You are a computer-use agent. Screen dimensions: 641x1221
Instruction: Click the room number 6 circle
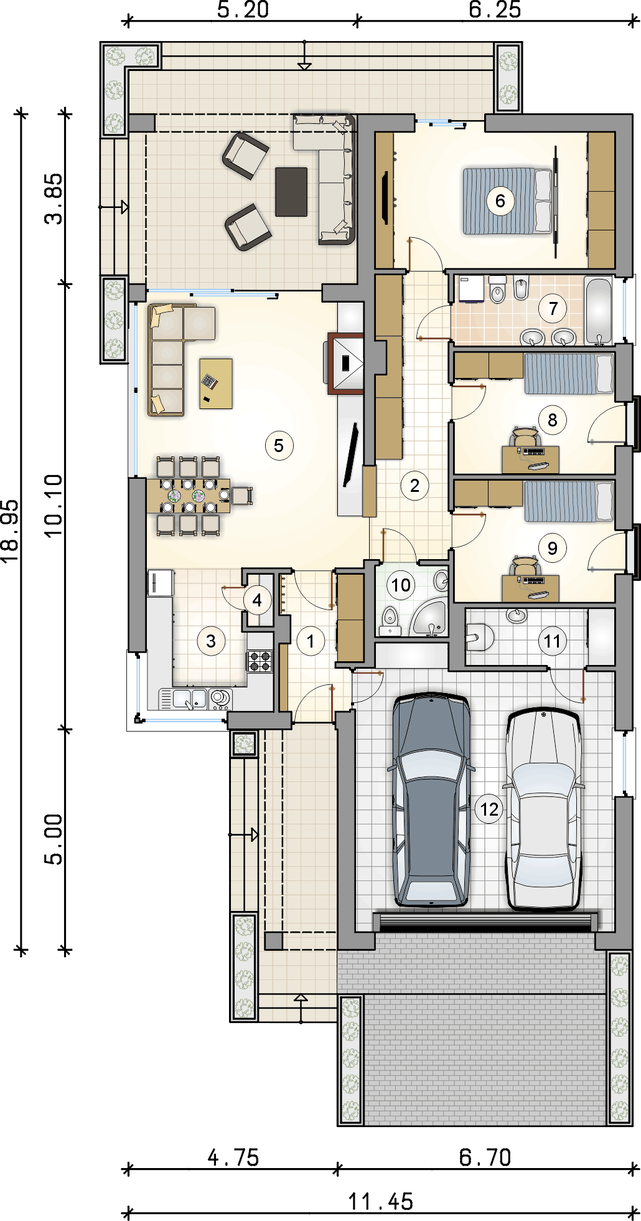pos(500,201)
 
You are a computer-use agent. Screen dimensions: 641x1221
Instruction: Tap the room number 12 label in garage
pos(489,809)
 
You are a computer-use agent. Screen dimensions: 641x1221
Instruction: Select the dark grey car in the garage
pos(431,799)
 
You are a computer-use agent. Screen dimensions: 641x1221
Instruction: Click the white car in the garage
pos(544,808)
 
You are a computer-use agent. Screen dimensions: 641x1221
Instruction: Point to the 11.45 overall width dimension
pos(380,1202)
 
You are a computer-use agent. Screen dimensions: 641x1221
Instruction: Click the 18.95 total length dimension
pos(10,531)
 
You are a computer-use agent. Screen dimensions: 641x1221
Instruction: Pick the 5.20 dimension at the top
pos(243,10)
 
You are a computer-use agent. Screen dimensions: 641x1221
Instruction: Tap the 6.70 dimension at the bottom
pos(485,1157)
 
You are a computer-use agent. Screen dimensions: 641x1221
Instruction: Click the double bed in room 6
pos(508,201)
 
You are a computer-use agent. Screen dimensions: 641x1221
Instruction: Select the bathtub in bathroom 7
pos(599,311)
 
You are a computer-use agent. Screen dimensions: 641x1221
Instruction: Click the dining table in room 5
pos(189,496)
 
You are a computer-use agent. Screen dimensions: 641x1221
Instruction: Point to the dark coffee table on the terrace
pos(291,191)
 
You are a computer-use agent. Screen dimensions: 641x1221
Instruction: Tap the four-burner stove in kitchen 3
pos(260,661)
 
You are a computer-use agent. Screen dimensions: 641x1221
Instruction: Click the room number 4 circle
pos(257,601)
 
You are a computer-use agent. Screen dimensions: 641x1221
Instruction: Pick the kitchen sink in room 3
pos(190,699)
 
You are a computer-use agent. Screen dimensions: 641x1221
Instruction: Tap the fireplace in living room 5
pos(346,364)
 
